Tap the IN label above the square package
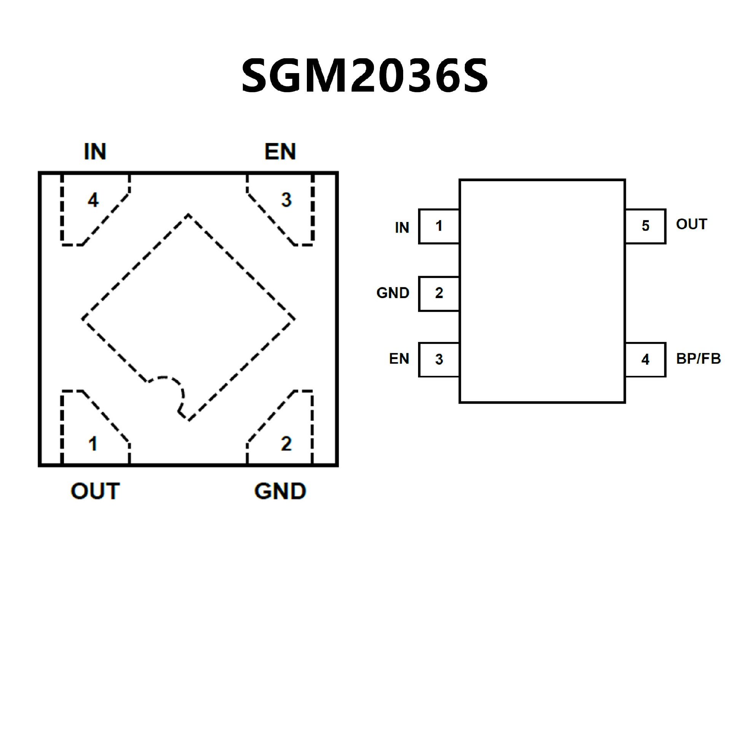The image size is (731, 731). (95, 152)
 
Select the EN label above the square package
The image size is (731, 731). (280, 152)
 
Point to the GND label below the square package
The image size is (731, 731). (280, 491)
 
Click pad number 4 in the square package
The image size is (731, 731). (93, 200)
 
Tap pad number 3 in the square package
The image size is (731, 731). (286, 200)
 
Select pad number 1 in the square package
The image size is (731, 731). (93, 444)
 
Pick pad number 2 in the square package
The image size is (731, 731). (286, 444)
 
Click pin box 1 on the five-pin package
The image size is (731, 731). (439, 226)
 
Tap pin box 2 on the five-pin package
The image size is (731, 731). (439, 294)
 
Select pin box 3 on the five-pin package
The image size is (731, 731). (439, 359)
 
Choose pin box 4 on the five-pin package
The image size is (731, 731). (645, 359)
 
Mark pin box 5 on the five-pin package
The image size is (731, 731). (645, 226)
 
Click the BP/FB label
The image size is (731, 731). (698, 359)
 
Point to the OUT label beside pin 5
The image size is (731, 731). (691, 224)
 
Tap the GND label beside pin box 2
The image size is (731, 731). (393, 293)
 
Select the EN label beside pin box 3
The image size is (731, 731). (399, 359)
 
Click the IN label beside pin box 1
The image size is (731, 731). (402, 228)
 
